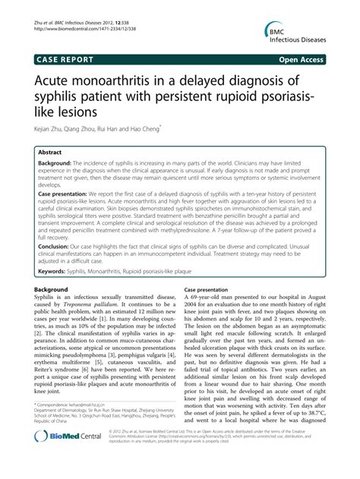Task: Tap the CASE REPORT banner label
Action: [x=62, y=57]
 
